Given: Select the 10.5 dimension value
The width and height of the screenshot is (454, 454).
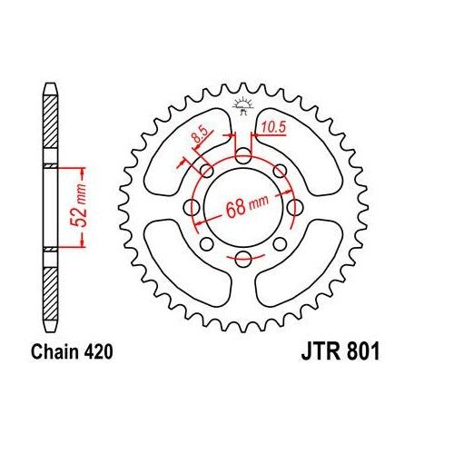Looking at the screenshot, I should coord(271,128).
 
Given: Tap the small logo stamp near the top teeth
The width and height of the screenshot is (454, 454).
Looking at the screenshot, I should coord(242,105).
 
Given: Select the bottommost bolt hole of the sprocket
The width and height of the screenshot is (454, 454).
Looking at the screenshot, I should coord(242,261).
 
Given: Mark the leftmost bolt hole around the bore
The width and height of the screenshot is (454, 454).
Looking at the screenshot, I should coord(192,210).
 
